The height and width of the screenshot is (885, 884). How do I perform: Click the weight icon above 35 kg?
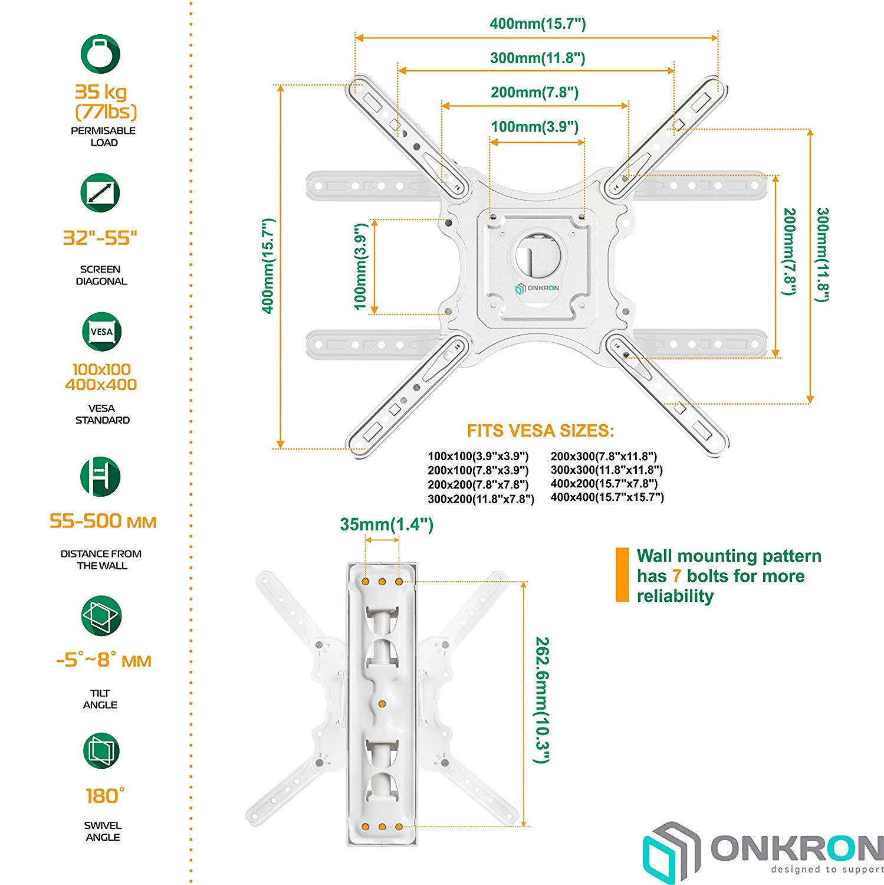pos(100,54)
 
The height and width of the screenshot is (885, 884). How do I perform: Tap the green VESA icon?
pos(101,332)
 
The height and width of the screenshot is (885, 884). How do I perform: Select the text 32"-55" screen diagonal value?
pos(100,238)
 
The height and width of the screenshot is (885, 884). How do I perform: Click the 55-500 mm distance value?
pos(103,522)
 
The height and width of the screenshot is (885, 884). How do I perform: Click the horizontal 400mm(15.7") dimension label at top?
pos(537,24)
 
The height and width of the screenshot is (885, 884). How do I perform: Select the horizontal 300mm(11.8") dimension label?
pos(537,58)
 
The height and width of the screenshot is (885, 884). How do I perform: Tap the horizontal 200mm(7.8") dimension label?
pos(534,92)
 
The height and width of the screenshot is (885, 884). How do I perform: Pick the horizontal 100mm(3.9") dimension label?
pos(534,126)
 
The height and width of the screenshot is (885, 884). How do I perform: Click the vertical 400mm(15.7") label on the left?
pos(268,266)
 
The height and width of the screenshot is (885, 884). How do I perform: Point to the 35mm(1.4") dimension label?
pos(386,524)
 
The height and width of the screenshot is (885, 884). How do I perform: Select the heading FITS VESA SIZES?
pos(540,431)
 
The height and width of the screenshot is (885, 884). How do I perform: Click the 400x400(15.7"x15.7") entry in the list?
pos(607,497)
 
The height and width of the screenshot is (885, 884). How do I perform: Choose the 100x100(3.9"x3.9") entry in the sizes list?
pos(478,456)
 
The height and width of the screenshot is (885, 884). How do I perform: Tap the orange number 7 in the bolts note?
pos(676,576)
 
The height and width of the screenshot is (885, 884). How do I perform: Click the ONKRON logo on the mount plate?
pos(537,289)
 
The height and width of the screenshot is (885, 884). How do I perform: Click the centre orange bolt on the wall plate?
pos(382,704)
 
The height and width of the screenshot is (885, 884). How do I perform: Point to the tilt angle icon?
pos(101,615)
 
